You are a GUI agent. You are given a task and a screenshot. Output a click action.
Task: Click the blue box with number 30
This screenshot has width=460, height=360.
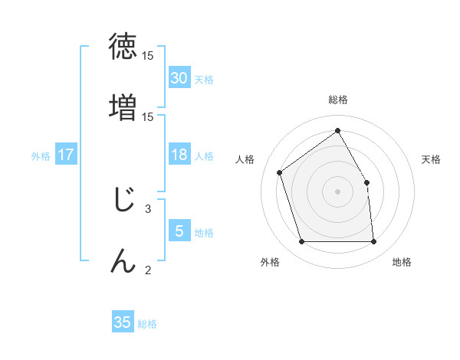[x=179, y=78]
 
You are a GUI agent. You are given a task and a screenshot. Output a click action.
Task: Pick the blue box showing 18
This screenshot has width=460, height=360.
[x=179, y=155]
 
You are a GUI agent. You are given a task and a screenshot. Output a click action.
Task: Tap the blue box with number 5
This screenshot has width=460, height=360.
[x=179, y=231]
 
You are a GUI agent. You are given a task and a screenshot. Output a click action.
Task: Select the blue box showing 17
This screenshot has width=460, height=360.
[x=66, y=155]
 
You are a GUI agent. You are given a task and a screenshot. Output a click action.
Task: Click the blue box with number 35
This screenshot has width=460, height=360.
[x=123, y=322]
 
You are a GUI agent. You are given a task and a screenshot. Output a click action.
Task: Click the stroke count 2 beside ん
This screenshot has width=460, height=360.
[x=148, y=270]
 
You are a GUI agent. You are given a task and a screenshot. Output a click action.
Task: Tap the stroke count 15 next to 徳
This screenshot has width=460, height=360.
[x=148, y=56]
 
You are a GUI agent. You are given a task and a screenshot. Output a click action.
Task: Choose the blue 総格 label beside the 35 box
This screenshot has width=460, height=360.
[x=147, y=324]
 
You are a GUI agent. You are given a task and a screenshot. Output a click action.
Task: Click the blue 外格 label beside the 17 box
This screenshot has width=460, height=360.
[x=41, y=156]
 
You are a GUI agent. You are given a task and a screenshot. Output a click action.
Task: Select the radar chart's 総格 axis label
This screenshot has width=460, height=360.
[x=337, y=100]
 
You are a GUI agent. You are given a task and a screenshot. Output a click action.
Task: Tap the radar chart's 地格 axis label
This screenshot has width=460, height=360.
[x=402, y=262]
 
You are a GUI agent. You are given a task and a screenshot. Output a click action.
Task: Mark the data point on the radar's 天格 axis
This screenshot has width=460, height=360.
[x=366, y=182]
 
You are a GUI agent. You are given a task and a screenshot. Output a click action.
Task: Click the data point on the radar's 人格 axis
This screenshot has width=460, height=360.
[x=280, y=172]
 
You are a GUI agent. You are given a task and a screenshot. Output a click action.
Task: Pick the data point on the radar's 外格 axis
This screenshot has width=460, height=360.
[x=301, y=242]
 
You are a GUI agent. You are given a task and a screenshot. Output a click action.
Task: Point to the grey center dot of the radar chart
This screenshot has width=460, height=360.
[x=337, y=191]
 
